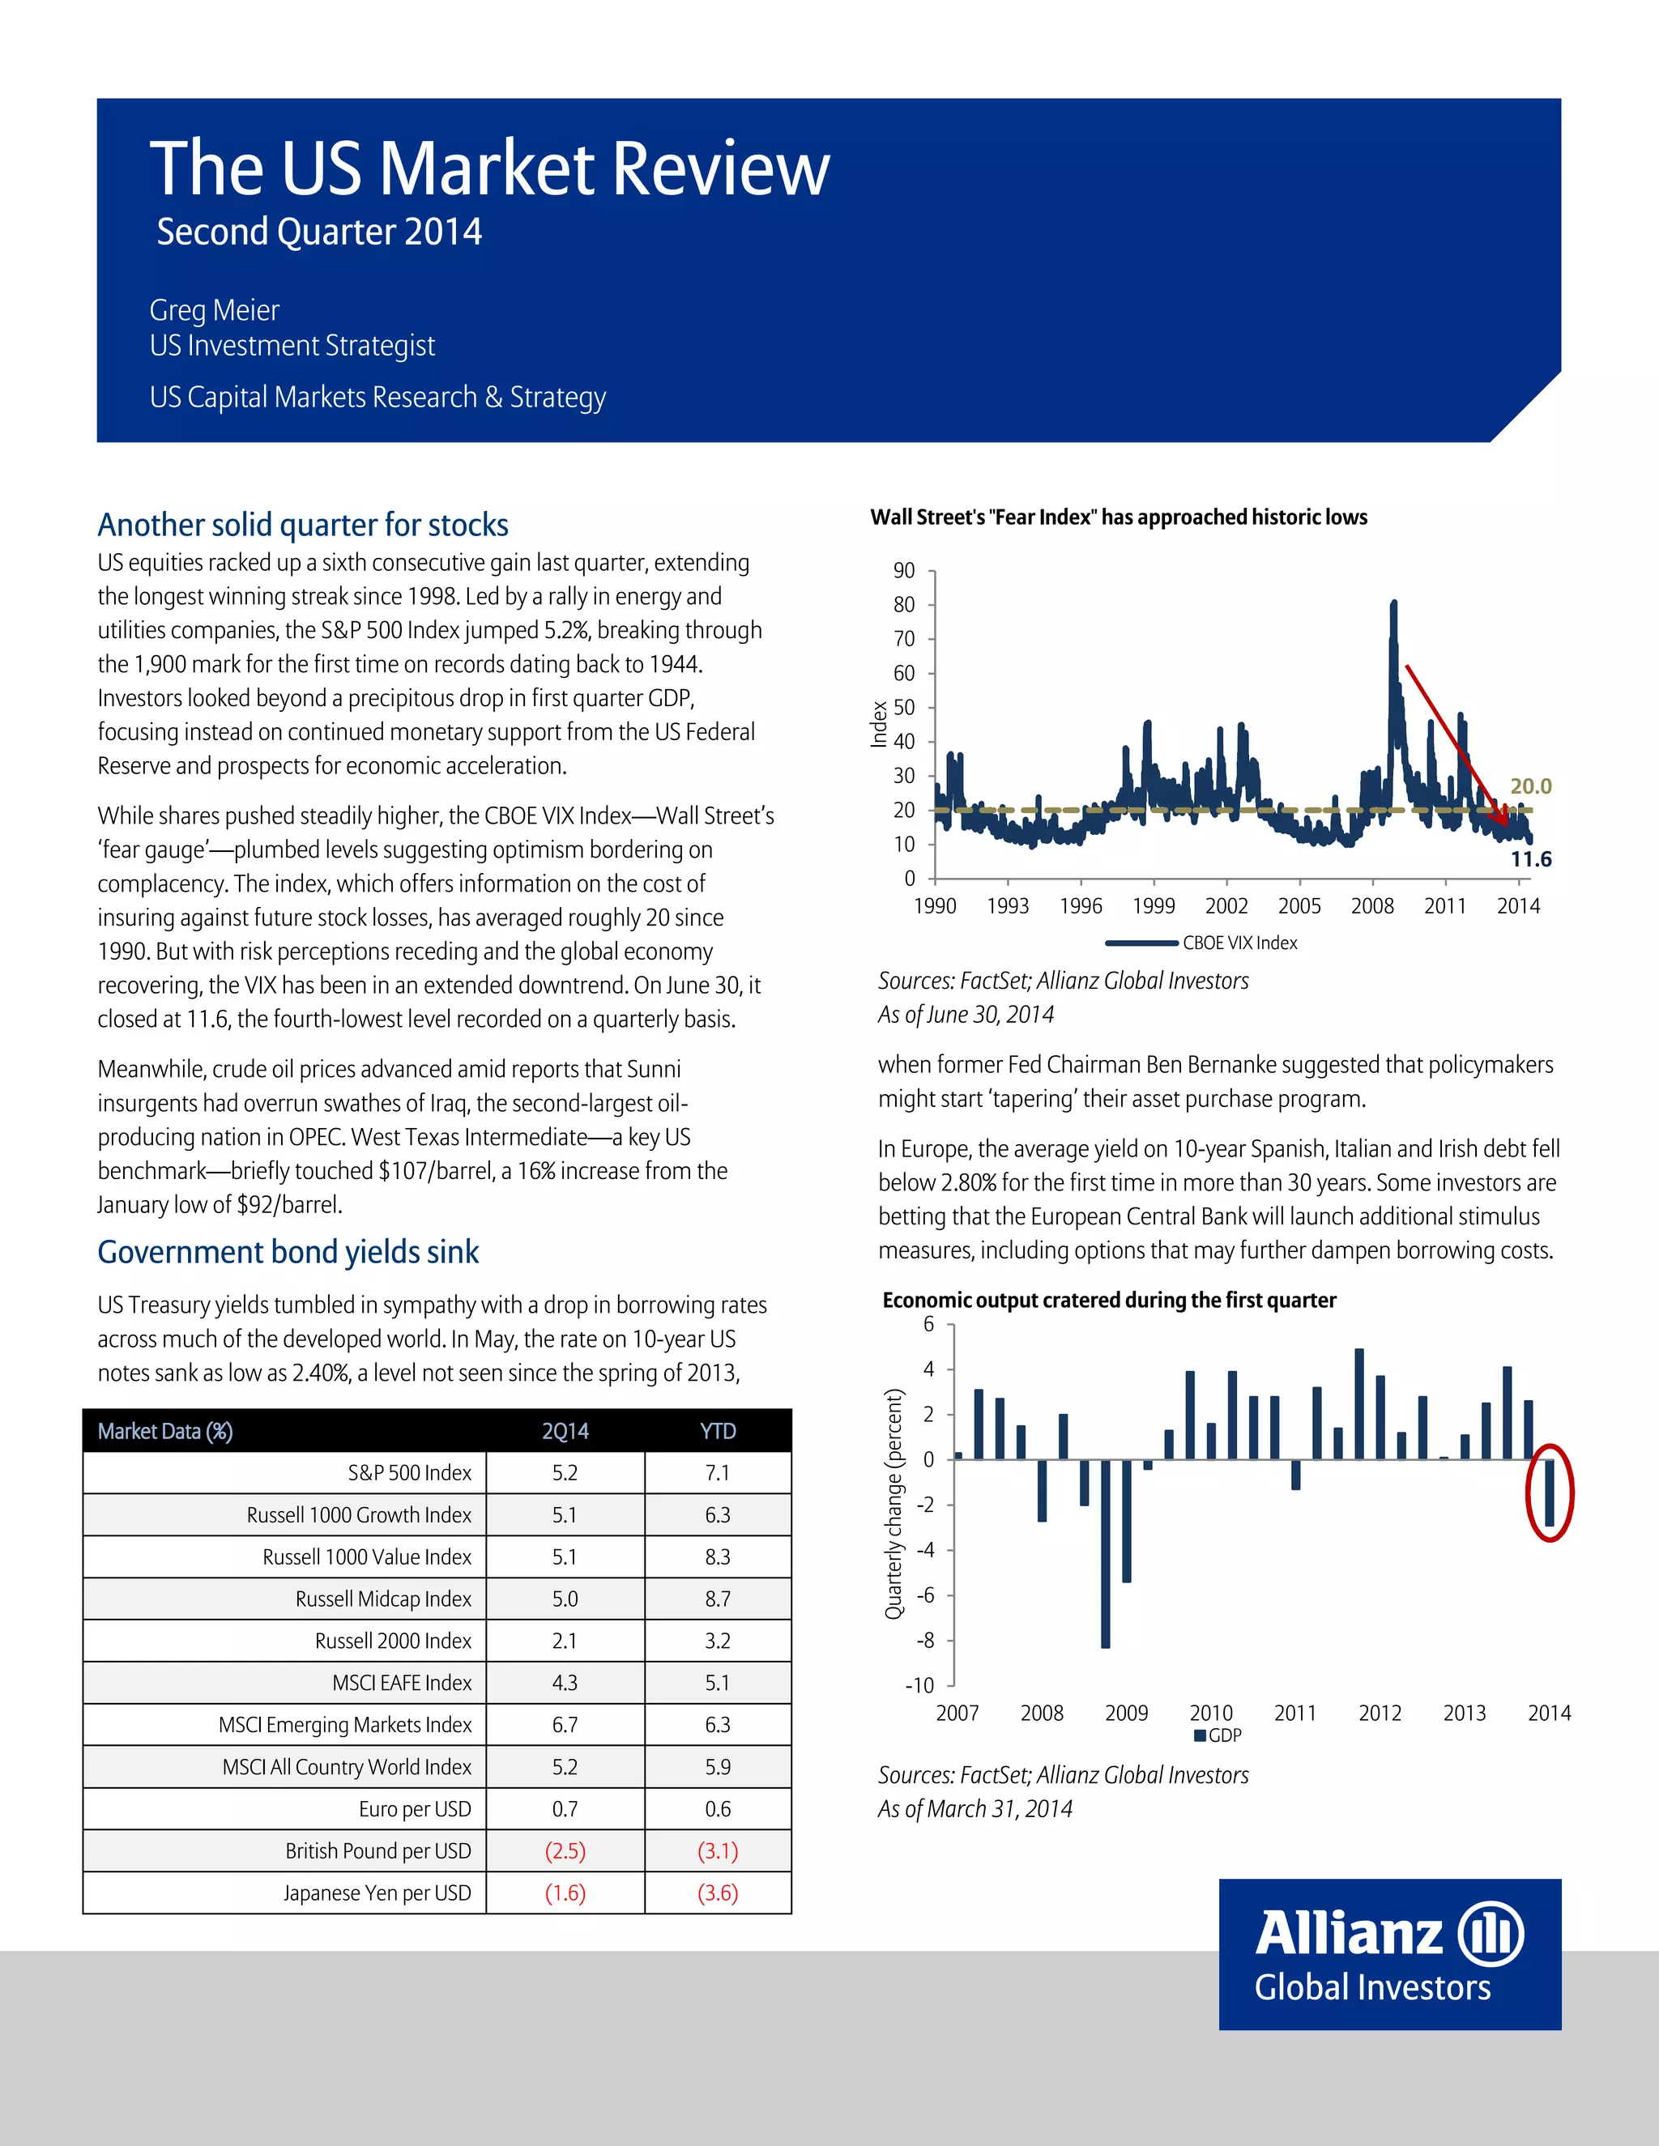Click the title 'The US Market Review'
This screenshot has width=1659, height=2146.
tap(489, 168)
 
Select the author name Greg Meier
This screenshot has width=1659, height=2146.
tap(214, 310)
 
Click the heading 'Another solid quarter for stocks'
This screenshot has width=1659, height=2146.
tap(303, 525)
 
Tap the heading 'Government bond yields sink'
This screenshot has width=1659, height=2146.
tap(288, 1252)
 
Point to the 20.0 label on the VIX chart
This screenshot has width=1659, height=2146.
tap(1530, 786)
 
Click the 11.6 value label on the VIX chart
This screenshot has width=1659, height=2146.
tap(1530, 860)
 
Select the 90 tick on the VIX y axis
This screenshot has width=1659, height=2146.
tap(903, 571)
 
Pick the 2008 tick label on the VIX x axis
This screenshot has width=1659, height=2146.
tap(1372, 906)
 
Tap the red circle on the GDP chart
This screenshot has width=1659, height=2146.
tap(1549, 1493)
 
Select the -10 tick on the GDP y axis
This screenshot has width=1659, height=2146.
tap(919, 1686)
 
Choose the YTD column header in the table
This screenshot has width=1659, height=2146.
tap(718, 1431)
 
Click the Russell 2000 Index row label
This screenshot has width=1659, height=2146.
tap(393, 1641)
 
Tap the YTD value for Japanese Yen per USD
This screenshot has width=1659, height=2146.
tap(718, 1893)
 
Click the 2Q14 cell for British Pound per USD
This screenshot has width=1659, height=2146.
tap(565, 1851)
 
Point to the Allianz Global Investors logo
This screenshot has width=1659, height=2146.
tap(1390, 1956)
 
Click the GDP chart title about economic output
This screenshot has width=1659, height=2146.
tap(1109, 1300)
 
